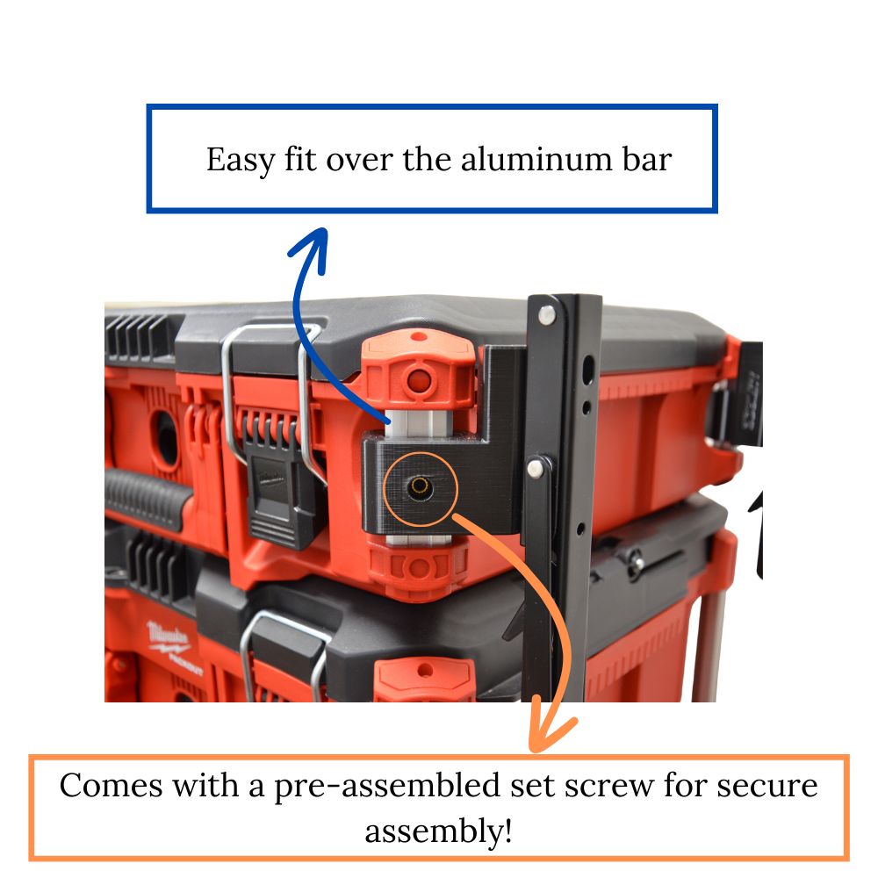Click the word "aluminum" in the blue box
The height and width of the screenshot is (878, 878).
click(537, 159)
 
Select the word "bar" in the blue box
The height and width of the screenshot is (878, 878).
click(647, 159)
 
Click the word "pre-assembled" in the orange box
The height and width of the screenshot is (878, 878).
click(387, 787)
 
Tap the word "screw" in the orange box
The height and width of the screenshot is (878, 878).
click(609, 786)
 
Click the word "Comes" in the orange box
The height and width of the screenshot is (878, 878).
click(112, 785)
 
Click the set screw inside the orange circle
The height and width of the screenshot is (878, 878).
click(419, 486)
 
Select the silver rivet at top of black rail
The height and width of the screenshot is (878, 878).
click(546, 314)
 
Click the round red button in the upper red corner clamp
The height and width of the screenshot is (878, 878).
click(419, 381)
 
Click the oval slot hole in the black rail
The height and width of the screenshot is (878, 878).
click(587, 371)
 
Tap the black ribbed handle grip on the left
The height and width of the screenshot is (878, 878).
click(147, 499)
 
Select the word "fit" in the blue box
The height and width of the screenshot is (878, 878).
click(300, 159)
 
